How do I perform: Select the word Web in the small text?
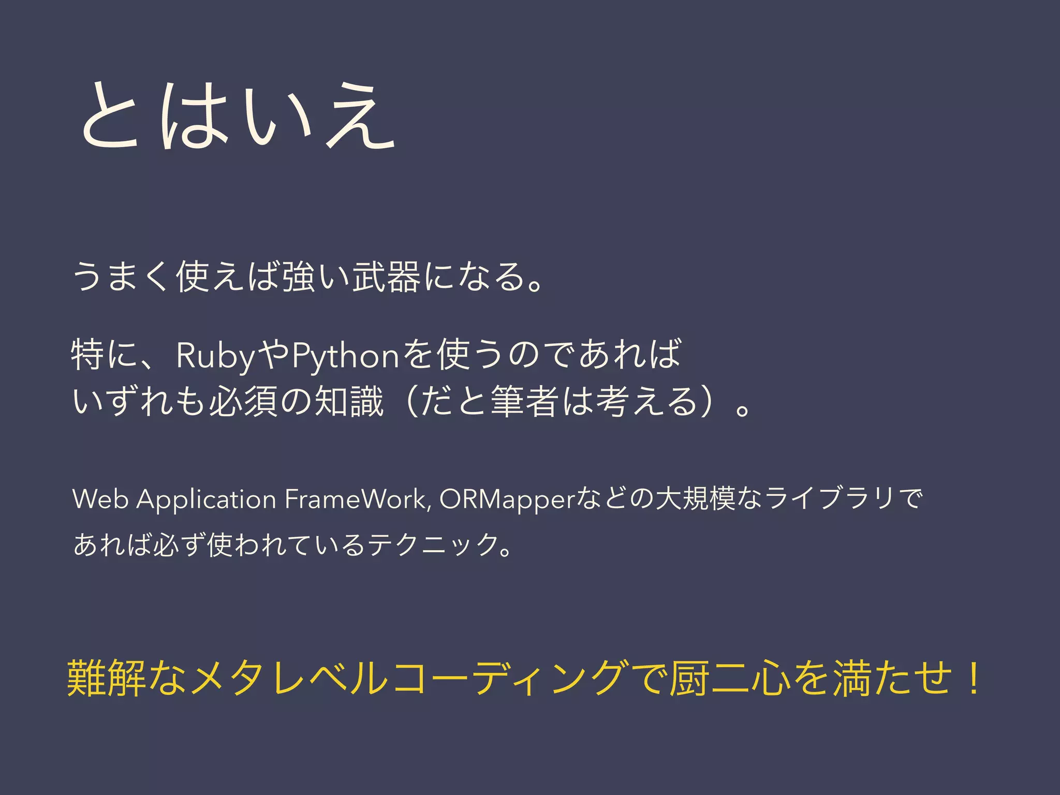(x=100, y=499)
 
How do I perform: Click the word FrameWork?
(x=357, y=499)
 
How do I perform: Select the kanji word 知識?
(x=349, y=401)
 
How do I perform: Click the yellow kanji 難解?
(x=106, y=679)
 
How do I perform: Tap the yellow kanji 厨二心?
(x=730, y=679)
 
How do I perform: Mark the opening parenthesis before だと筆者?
(x=409, y=401)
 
